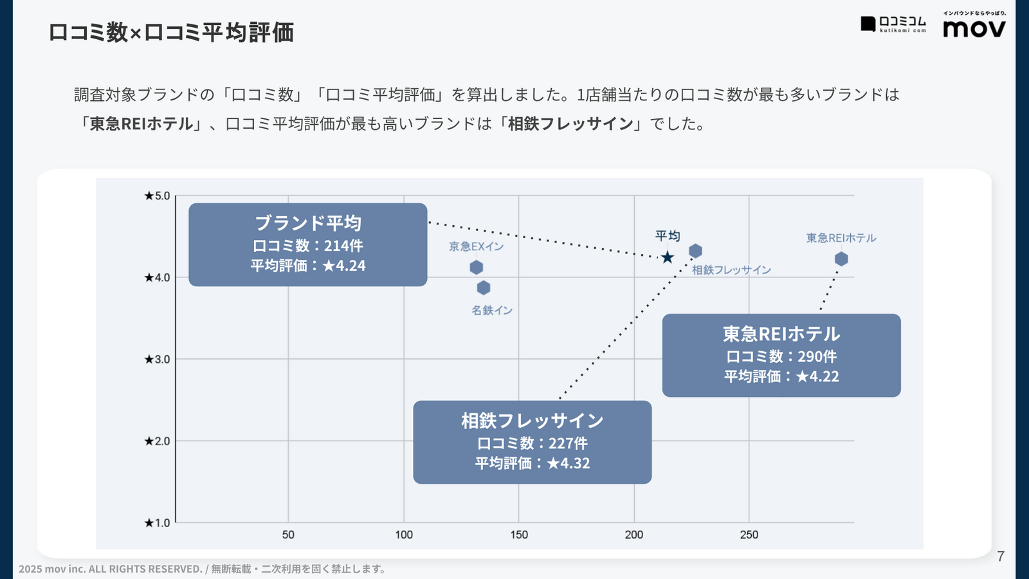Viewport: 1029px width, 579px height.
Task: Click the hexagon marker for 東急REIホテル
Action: [x=841, y=259]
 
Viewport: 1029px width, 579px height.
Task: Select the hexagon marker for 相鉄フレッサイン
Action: [x=695, y=251]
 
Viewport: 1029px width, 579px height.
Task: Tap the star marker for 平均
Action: [x=668, y=257]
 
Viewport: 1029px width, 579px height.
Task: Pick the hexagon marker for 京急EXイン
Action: [x=477, y=267]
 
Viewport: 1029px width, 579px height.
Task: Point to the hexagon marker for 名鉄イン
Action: [x=484, y=288]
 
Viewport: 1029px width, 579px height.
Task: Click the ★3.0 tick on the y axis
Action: [x=157, y=359]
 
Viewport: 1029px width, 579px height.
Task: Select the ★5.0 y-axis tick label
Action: [x=157, y=196]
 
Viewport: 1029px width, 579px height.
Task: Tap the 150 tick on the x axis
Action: [x=519, y=535]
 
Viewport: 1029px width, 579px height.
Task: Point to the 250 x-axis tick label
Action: [x=749, y=535]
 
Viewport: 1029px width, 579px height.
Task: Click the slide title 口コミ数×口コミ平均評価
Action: [x=171, y=32]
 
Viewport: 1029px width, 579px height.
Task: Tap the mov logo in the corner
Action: [x=974, y=28]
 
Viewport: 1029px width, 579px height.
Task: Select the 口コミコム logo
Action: [x=894, y=24]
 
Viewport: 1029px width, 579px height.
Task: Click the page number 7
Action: [x=1000, y=556]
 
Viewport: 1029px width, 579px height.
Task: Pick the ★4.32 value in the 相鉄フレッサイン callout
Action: [x=569, y=463]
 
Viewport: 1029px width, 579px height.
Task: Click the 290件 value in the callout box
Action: [x=817, y=356]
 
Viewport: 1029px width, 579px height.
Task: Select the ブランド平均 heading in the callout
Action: [x=308, y=223]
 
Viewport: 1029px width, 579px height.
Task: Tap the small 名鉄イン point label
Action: [x=492, y=310]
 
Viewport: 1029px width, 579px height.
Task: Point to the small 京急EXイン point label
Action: [x=476, y=246]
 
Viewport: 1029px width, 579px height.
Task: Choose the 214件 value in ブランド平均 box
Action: [x=343, y=246]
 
